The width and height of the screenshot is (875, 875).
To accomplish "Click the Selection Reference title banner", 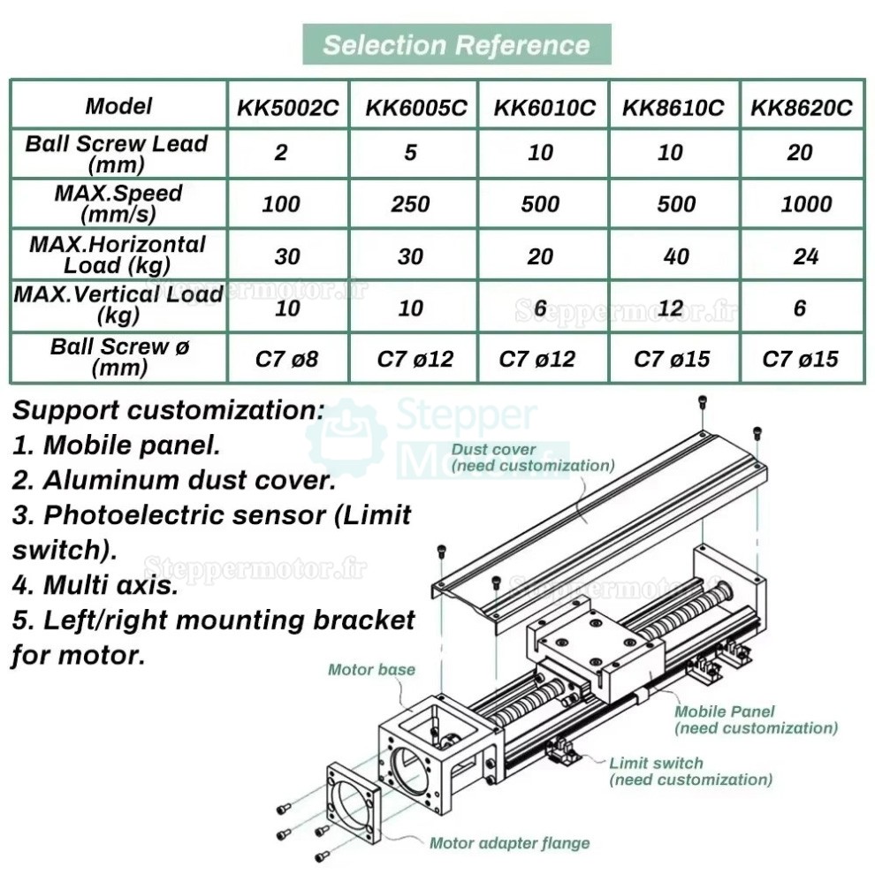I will (x=456, y=44).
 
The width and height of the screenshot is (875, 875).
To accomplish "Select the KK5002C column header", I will (x=287, y=108).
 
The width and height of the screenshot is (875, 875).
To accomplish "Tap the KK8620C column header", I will (x=802, y=108).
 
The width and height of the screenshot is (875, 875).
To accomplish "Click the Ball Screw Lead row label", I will (x=117, y=153).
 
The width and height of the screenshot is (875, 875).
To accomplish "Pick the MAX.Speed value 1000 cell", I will (x=805, y=204).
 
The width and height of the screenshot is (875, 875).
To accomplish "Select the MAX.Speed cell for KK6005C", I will (x=410, y=204).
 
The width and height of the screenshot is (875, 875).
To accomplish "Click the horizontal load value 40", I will (x=671, y=256).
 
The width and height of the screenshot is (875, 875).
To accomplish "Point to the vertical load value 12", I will (x=671, y=308).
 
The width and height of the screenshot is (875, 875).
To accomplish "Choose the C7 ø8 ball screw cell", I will (x=287, y=359).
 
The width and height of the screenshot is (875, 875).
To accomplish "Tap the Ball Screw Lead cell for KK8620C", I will (x=800, y=153).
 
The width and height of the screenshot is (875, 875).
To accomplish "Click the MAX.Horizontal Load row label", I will (x=117, y=255).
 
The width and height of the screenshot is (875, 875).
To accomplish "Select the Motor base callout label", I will (x=371, y=669).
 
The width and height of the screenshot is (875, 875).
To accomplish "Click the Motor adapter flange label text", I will (x=509, y=842).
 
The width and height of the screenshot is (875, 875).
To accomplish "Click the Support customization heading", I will (x=168, y=411).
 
